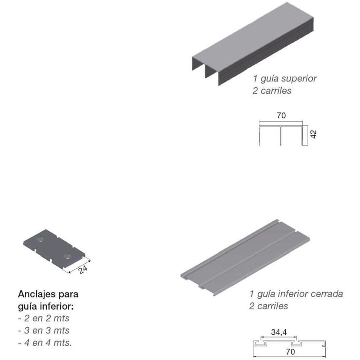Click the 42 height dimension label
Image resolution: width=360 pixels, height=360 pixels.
coord(313,134)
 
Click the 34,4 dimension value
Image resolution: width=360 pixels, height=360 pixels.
coord(279,332)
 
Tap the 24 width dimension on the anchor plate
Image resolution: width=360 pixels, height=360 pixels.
coord(83,270)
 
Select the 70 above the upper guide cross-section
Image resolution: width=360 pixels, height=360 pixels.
coord(281,116)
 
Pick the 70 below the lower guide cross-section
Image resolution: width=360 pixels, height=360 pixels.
coord(290,351)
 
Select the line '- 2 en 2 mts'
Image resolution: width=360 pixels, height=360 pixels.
coord(44,318)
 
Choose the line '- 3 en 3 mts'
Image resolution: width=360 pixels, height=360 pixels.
coord(44,330)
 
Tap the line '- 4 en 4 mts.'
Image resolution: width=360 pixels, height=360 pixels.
coord(45,342)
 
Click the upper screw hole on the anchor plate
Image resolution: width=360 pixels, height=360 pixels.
coord(40,240)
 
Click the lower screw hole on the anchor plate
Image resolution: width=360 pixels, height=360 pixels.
coord(67,256)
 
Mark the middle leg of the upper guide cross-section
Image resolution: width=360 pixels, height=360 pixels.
coord(280,136)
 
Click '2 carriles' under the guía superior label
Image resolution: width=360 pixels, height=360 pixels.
coord(272,91)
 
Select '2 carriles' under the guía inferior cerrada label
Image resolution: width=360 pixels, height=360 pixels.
coord(269,306)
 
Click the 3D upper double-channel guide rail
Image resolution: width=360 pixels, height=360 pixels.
coord(253,44)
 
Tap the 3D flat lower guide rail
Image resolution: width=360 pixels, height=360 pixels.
coord(245,257)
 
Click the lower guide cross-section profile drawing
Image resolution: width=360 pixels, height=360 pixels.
coord(289,343)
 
